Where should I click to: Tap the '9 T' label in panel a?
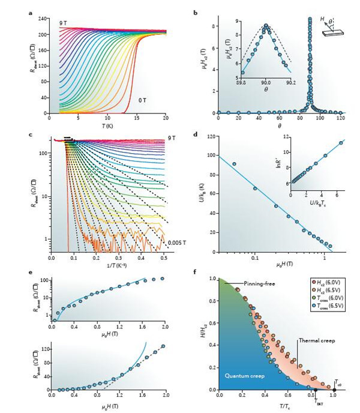(x=62, y=22)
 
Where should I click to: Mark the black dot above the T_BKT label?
(x=315, y=390)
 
